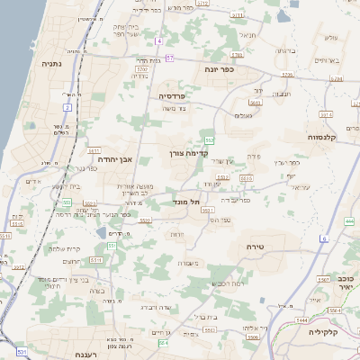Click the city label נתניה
pos(50,64)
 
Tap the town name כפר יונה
pos(219,68)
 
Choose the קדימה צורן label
pos(187,154)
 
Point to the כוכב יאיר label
pos(346,284)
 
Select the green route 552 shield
pos(209,140)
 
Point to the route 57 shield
pos(168,58)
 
